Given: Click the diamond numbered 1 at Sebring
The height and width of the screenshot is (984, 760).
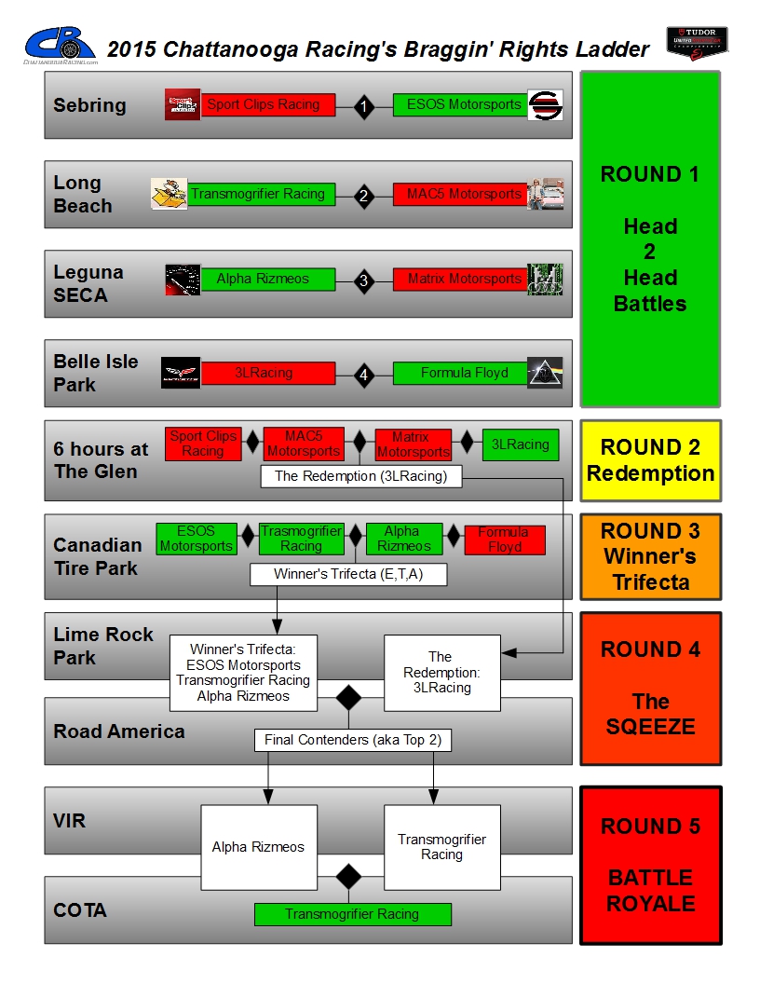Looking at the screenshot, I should (363, 107).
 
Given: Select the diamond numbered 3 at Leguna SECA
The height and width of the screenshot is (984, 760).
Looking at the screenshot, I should (363, 280).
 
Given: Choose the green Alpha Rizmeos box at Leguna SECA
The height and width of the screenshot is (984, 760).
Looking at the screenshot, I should (268, 279).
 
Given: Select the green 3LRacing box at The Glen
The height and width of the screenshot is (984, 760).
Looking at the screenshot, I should (521, 444).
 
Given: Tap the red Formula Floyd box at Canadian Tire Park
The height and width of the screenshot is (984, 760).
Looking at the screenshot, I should (505, 540).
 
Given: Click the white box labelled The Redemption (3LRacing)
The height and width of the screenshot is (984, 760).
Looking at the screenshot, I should (360, 476).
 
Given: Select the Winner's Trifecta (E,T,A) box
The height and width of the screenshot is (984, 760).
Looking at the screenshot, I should (348, 574).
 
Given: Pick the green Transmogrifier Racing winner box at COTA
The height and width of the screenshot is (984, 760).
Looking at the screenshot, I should (352, 914).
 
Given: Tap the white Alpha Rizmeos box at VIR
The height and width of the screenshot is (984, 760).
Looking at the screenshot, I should (258, 847).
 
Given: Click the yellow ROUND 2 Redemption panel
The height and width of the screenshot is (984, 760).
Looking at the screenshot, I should (650, 460).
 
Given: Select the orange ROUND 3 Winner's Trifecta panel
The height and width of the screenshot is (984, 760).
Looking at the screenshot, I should (650, 556).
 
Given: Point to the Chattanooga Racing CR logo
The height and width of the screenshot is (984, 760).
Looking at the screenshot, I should (61, 45).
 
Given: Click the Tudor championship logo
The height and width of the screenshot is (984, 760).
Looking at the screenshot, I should (696, 44).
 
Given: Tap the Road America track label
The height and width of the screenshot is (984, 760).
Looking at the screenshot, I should (119, 731).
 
